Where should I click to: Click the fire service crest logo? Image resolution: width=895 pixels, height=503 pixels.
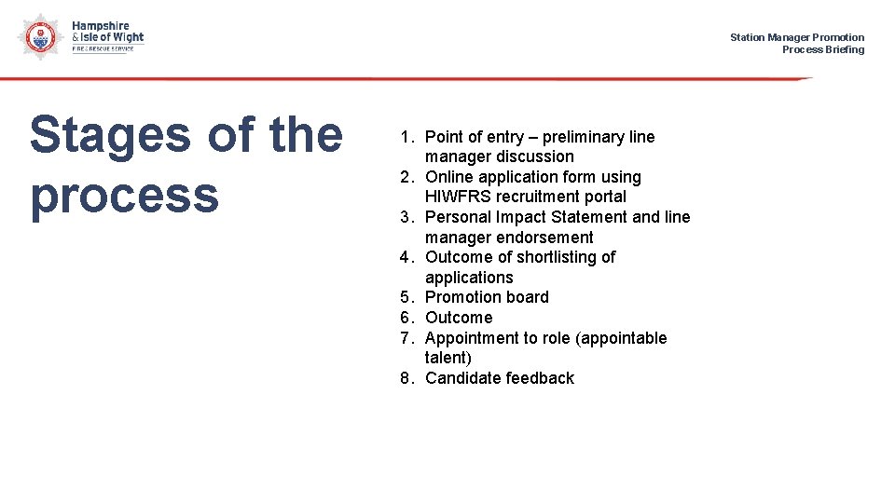pos(38,36)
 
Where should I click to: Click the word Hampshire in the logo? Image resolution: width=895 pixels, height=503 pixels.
pos(101,26)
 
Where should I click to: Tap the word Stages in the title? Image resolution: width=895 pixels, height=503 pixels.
pos(110,136)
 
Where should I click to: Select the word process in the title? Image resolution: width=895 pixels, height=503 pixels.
pos(124,196)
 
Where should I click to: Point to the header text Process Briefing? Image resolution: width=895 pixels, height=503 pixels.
pos(822,49)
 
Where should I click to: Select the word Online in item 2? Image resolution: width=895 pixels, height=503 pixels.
pos(449,177)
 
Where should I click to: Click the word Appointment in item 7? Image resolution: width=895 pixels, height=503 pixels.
pos(473,338)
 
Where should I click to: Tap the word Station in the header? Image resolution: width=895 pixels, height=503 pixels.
pos(747,37)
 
